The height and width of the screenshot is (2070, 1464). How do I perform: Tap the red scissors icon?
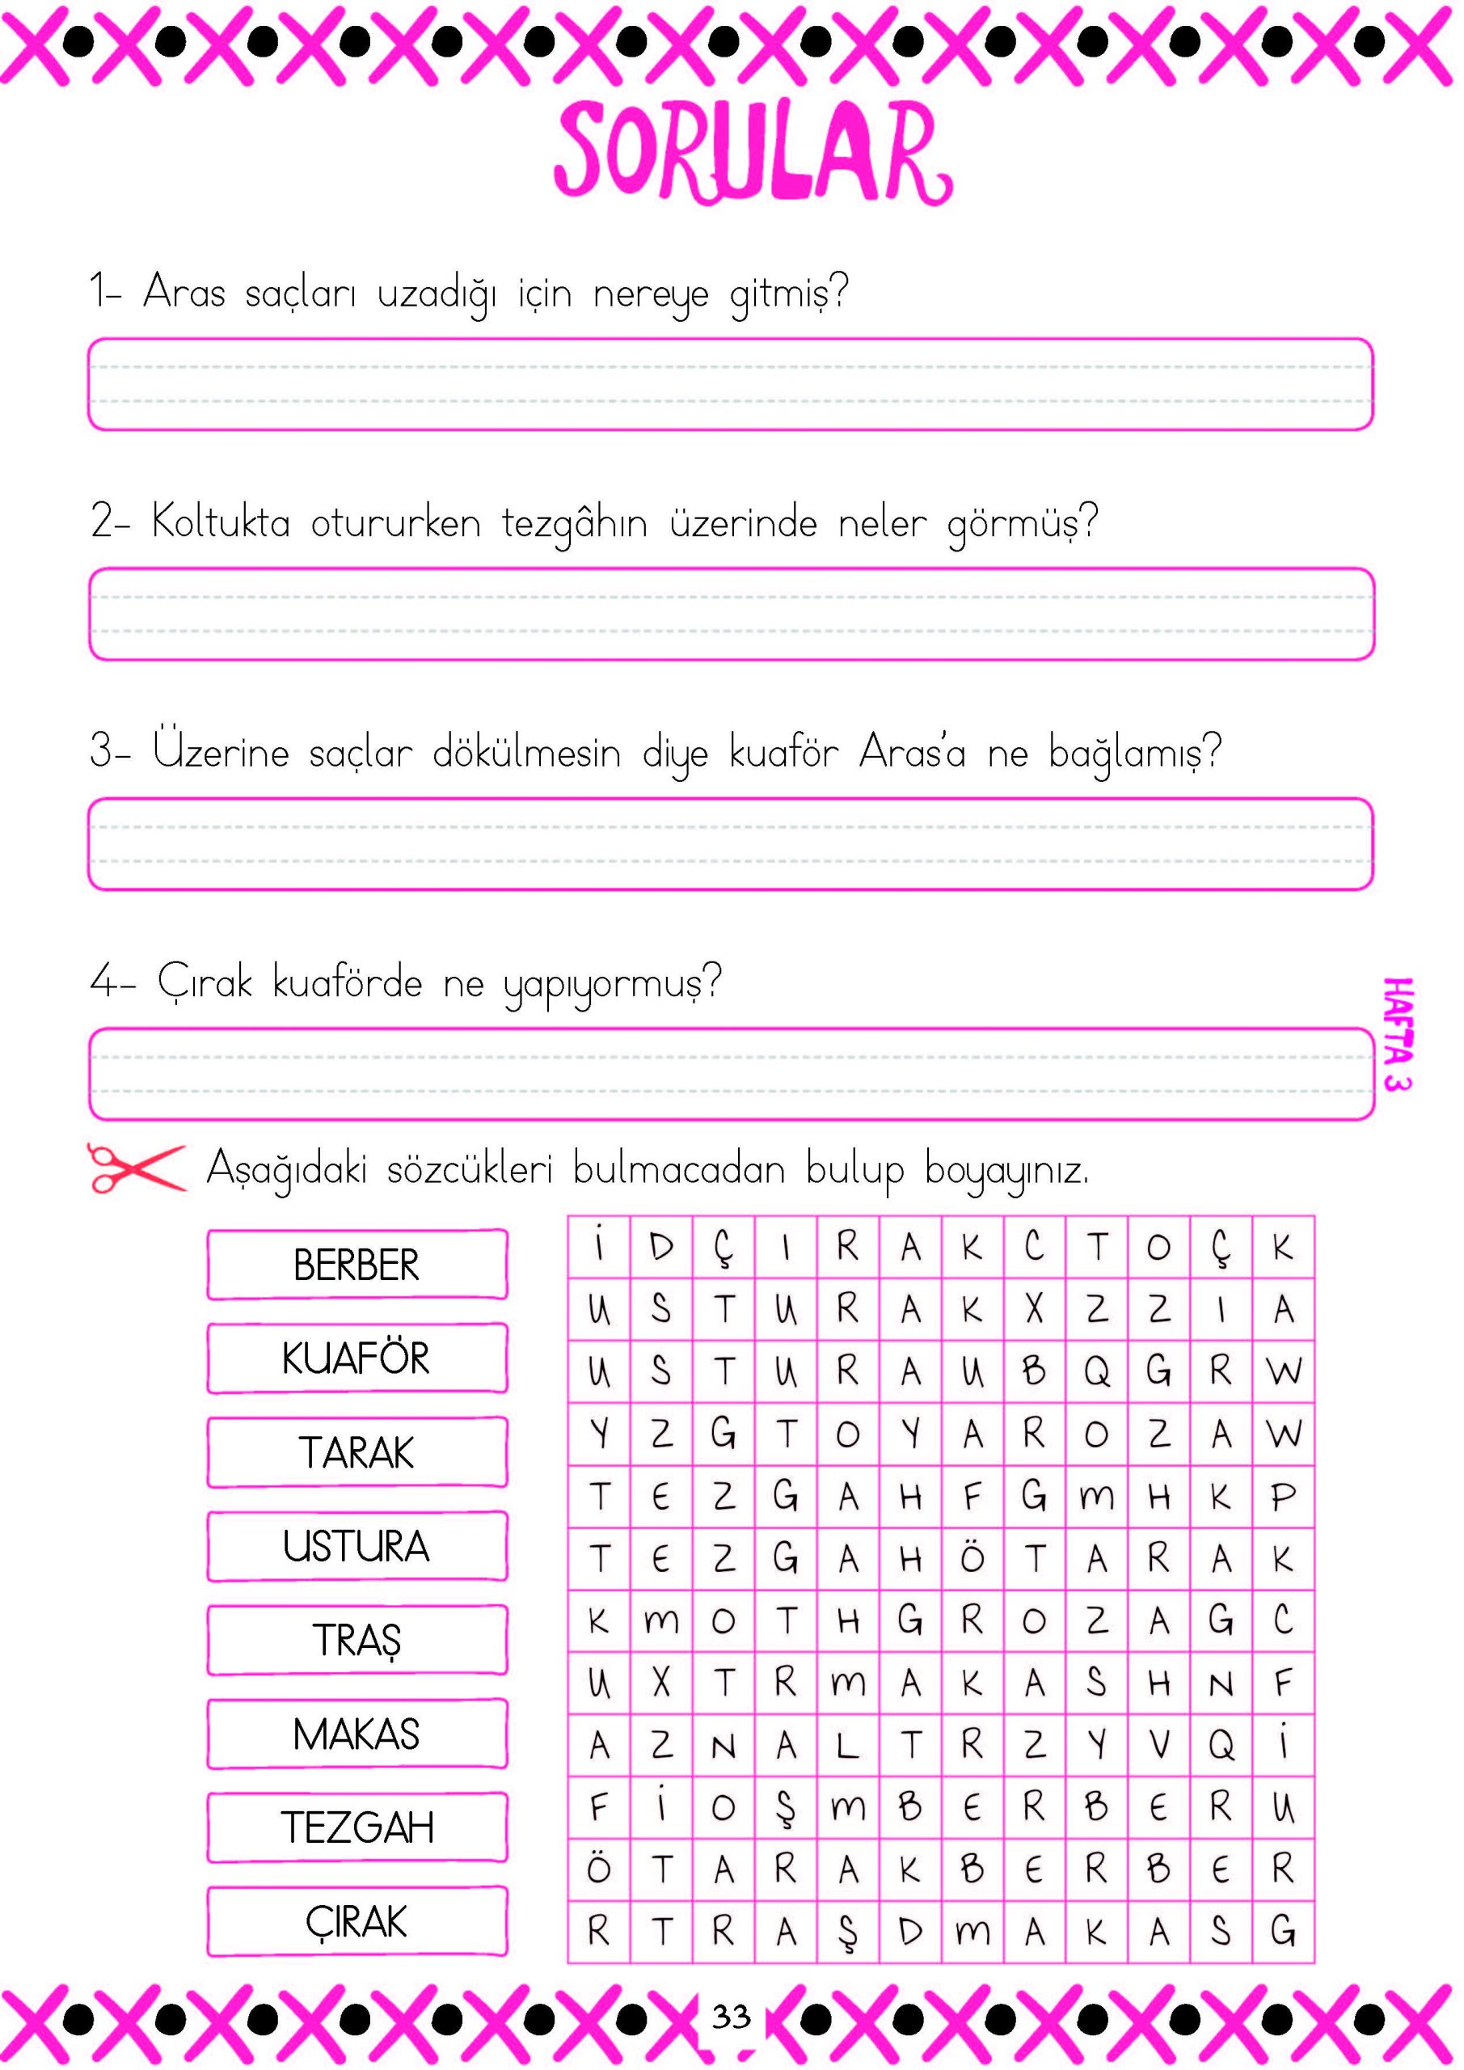click(135, 1168)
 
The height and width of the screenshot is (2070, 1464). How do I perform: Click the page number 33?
click(730, 2016)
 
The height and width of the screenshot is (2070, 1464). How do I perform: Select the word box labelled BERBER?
click(357, 1264)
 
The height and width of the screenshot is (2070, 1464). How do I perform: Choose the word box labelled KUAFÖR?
click(357, 1358)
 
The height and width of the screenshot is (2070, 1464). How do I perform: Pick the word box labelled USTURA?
click(357, 1545)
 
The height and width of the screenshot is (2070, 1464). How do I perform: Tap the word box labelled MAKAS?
click(357, 1733)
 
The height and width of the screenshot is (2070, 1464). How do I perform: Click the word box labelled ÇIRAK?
click(357, 1920)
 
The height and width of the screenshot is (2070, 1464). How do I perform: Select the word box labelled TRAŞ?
click(357, 1639)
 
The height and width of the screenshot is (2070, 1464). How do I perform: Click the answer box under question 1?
click(730, 384)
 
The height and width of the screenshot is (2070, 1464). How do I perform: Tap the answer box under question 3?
click(730, 844)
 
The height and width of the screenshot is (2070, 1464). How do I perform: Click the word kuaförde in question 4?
click(347, 982)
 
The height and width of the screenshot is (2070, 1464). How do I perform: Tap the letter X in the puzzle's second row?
click(1034, 1309)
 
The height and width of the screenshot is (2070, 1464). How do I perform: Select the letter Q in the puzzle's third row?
click(1096, 1371)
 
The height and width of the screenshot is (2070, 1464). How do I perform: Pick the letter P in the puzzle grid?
click(1283, 1497)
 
